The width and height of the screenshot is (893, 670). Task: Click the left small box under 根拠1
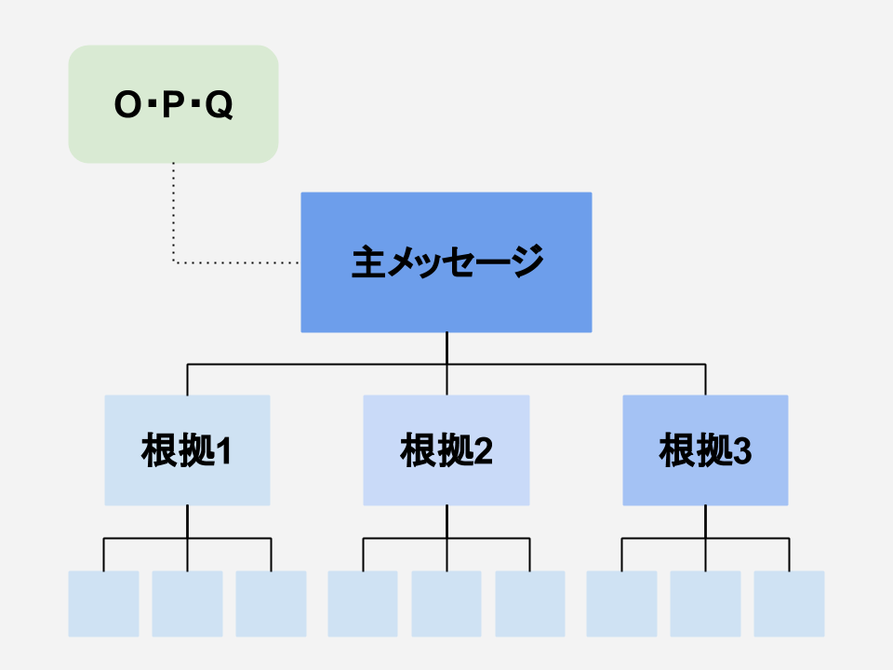click(x=103, y=604)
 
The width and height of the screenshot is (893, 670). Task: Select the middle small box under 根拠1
click(x=187, y=604)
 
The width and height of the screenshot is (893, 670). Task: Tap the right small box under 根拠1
click(x=271, y=604)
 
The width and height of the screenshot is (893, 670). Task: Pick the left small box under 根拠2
click(x=363, y=604)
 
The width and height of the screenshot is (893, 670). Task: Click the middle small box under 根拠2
click(x=446, y=604)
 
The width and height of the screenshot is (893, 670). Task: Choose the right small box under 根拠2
click(x=530, y=604)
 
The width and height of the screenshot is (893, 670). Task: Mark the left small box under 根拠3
click(x=621, y=604)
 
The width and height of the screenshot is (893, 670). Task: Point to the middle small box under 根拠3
click(x=705, y=604)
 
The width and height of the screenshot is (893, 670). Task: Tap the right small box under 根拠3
click(x=789, y=604)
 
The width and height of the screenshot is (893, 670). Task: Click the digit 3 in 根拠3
click(x=741, y=451)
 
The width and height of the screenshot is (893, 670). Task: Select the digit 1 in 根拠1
click(x=222, y=451)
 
